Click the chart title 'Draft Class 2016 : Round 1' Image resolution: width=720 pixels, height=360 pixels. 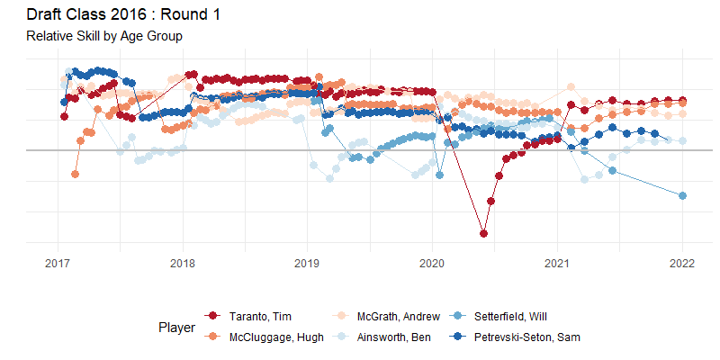coord(123,15)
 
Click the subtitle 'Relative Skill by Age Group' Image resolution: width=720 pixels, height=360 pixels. coord(104,37)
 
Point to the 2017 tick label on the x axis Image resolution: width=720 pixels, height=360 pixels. coord(58,264)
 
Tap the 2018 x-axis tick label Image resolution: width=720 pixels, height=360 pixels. coord(183,264)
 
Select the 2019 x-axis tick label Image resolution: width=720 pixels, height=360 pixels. coord(308,264)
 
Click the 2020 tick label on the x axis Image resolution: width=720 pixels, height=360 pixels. coord(432,264)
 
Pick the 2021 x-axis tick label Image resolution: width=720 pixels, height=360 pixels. coord(557,264)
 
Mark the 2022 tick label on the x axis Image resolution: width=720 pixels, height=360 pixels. coord(682,264)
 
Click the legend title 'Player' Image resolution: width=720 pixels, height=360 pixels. coord(176,328)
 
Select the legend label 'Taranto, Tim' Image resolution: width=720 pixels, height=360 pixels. coord(260,316)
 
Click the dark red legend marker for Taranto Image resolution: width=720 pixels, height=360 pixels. coord(213,316)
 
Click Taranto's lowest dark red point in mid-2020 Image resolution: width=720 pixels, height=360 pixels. coord(484,234)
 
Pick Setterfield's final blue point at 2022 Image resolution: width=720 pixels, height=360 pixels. coord(682,196)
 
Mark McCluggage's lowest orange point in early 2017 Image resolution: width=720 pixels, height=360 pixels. coord(75,174)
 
